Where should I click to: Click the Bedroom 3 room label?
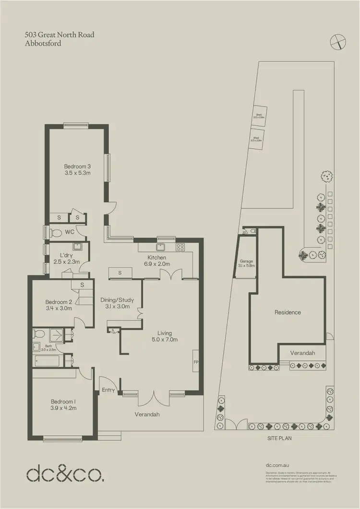tap(78, 167)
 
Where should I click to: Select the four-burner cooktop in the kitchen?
tap(181, 248)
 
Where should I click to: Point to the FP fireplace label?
tap(195, 362)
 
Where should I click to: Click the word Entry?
tap(108, 390)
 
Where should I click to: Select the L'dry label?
tap(66, 255)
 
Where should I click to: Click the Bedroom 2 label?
tap(59, 302)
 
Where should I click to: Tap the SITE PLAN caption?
tap(279, 438)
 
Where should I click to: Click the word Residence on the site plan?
tap(288, 312)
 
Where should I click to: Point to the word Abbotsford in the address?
tap(43, 43)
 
